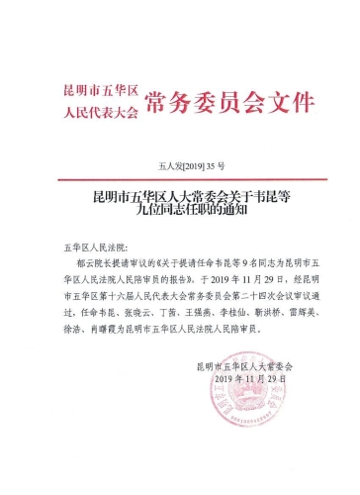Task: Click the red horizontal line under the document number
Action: (x=180, y=178)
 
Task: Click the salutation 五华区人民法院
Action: (x=90, y=243)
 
